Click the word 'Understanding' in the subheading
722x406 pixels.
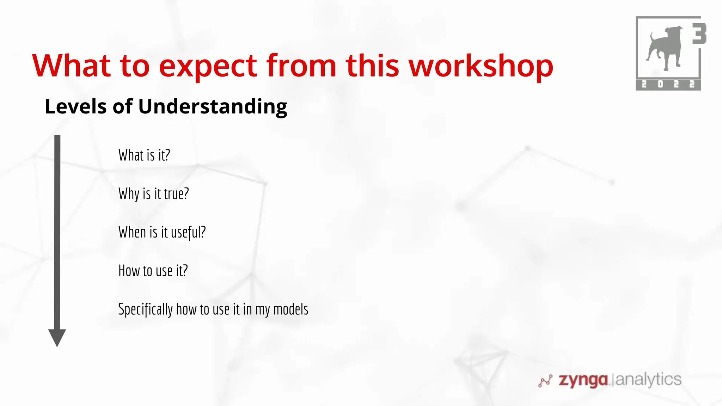point(213,106)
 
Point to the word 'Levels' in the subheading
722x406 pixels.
point(75,106)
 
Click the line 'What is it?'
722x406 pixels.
point(144,155)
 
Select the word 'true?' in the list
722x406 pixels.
point(176,194)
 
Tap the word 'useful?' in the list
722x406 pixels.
point(188,233)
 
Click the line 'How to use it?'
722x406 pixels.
point(153,271)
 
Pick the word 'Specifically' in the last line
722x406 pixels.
point(145,310)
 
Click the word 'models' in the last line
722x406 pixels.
point(290,309)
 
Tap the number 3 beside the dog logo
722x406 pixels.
point(699,34)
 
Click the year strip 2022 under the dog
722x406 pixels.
point(668,85)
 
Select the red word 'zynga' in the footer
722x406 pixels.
point(583,380)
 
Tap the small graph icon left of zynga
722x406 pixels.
point(545,381)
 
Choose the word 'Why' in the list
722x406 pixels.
point(129,194)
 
